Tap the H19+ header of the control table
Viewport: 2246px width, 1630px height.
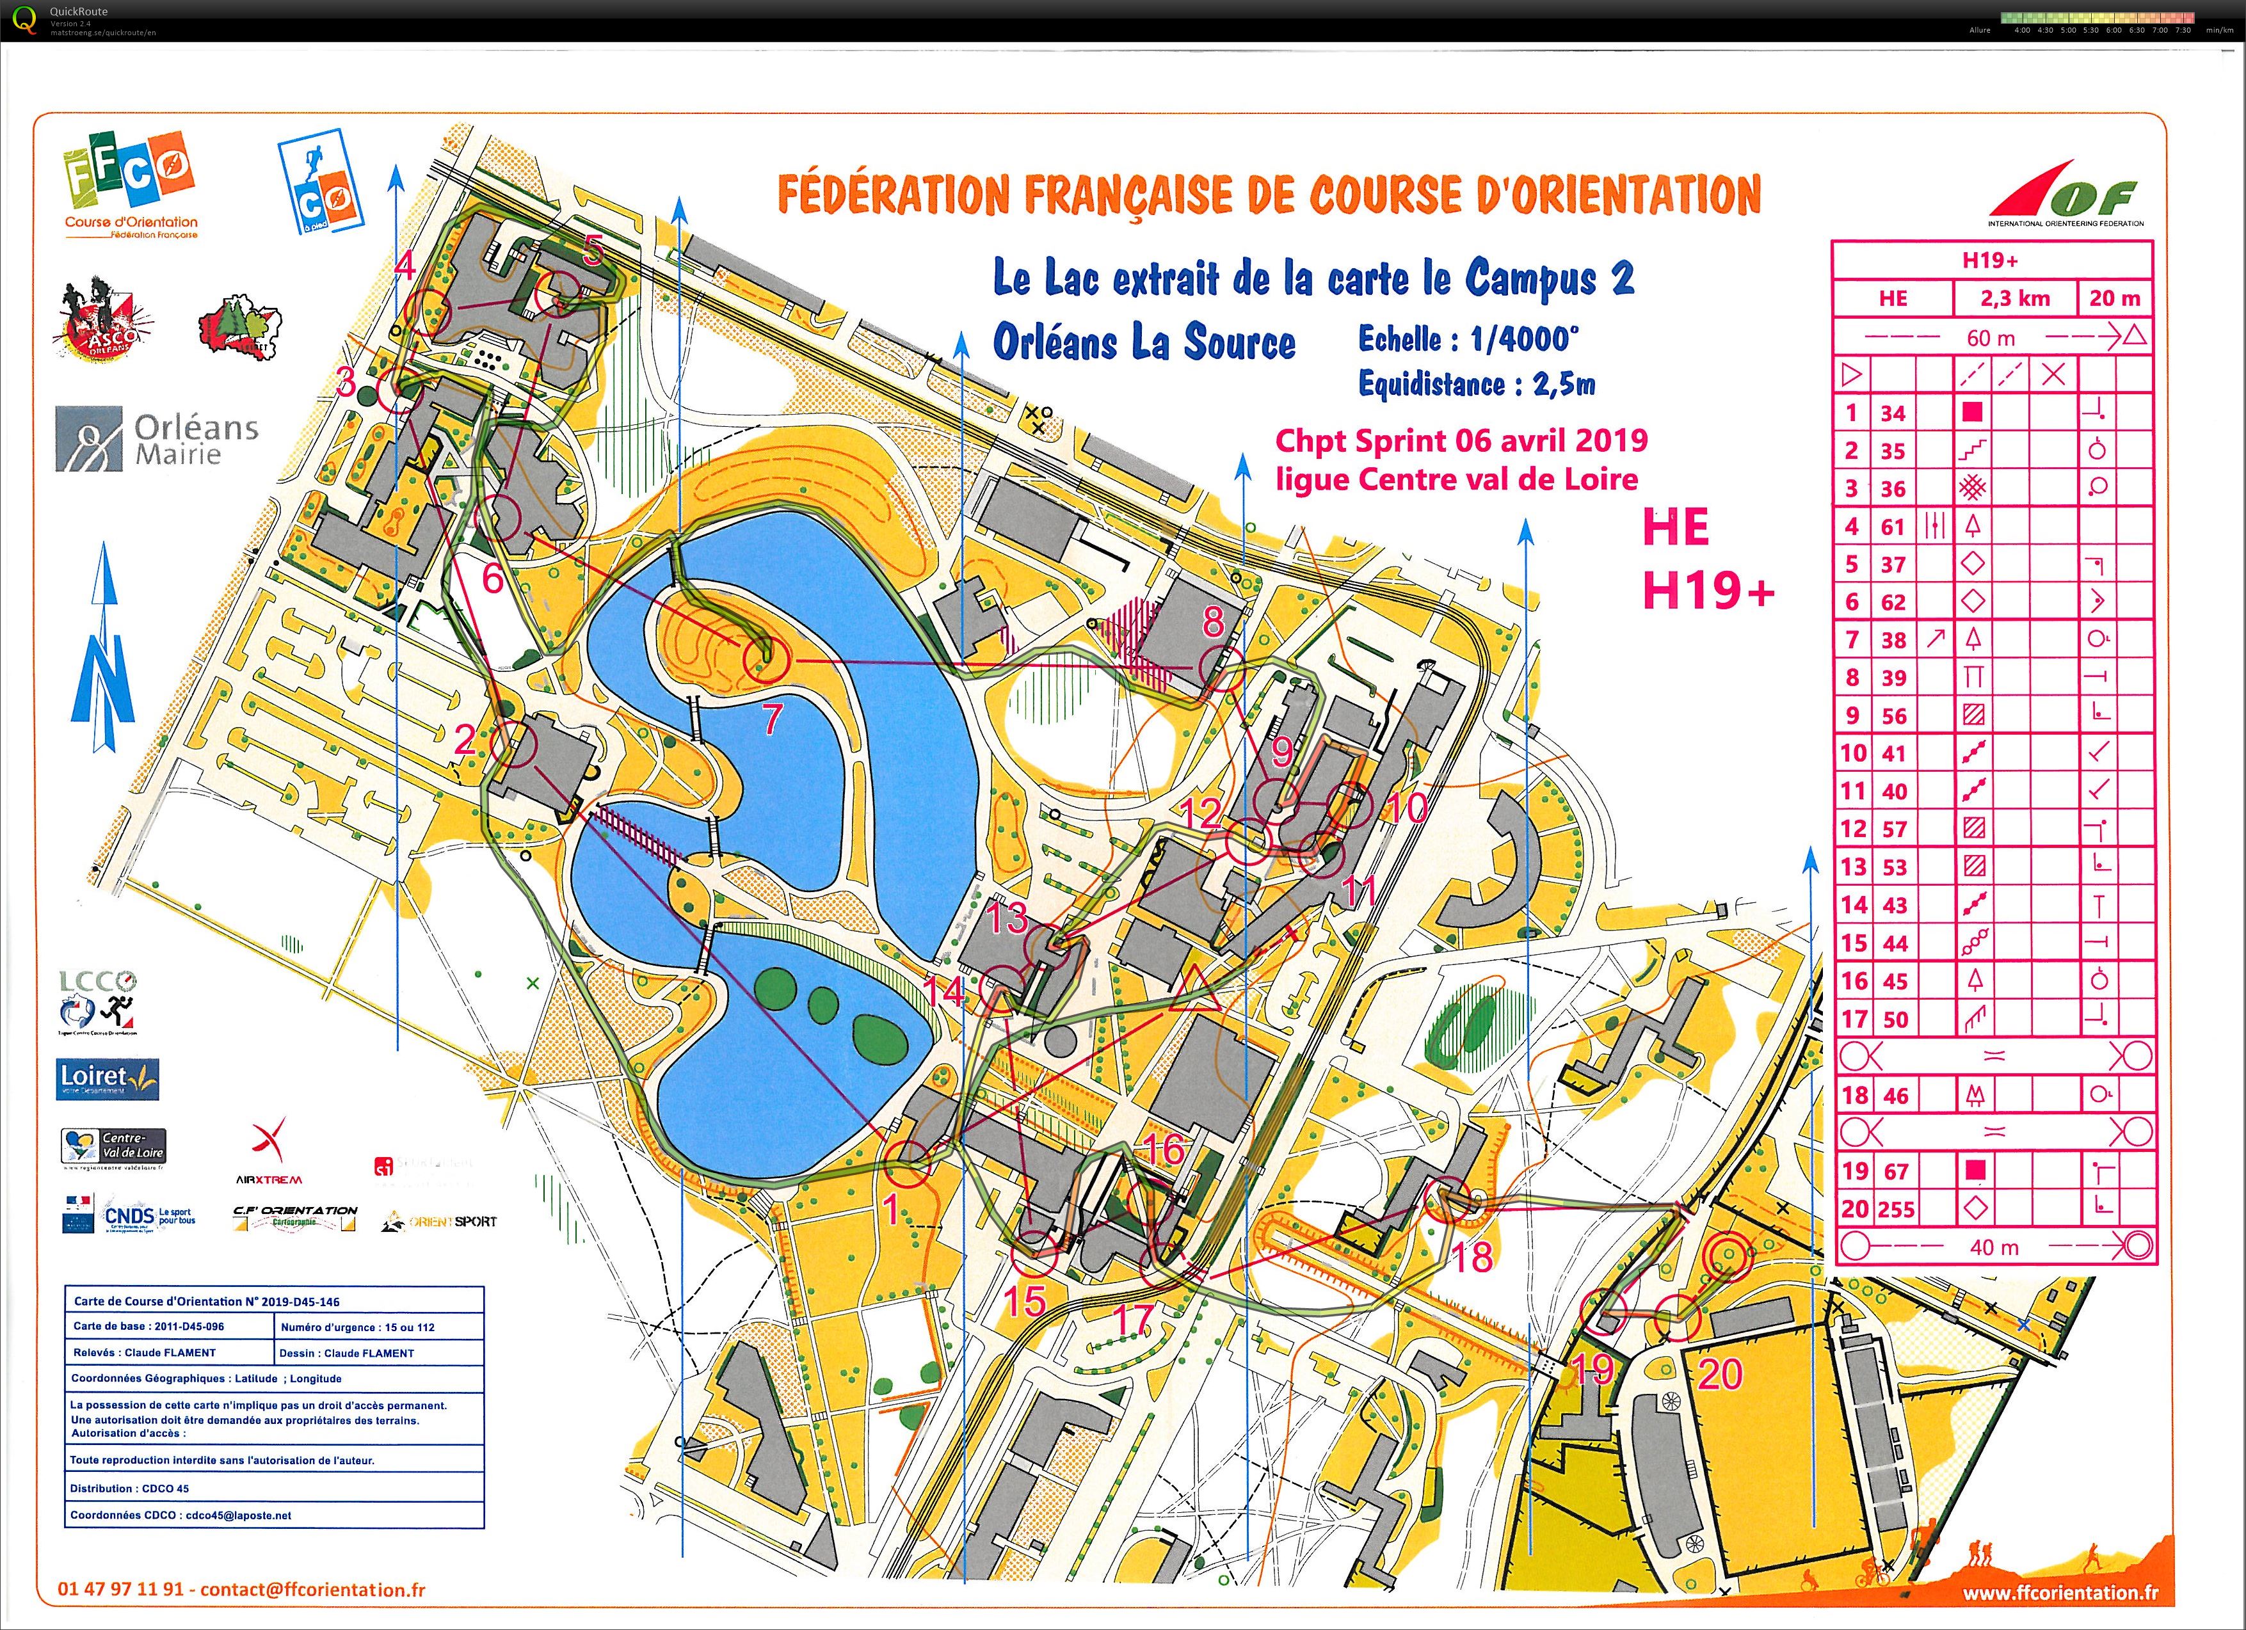pos(1991,260)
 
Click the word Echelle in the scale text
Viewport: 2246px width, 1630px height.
pos(1399,340)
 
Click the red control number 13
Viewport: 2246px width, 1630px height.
pos(1007,918)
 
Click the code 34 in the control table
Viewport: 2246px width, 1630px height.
pos(1893,413)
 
